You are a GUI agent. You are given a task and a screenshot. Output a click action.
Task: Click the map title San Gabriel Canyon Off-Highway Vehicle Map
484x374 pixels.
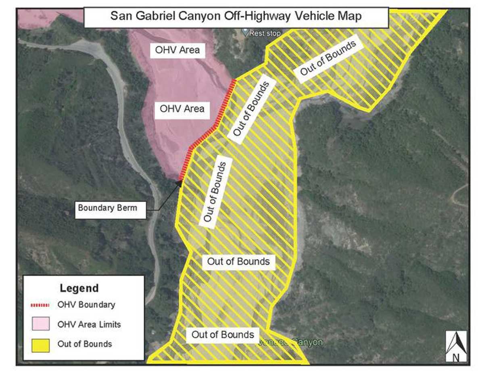[x=236, y=17]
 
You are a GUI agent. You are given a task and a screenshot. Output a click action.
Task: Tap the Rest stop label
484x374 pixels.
[x=265, y=33]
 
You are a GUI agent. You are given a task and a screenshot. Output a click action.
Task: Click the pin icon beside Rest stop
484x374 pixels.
[x=245, y=31]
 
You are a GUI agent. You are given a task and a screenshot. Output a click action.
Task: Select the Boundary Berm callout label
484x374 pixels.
[x=107, y=208]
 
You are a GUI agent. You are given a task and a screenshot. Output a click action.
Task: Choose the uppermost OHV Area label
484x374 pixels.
[x=175, y=51]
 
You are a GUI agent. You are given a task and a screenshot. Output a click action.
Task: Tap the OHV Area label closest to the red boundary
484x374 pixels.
[x=182, y=109]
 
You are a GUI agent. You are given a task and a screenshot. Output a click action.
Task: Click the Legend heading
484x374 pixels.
[x=79, y=288]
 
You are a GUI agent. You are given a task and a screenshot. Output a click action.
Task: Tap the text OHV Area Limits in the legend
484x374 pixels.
[x=89, y=324]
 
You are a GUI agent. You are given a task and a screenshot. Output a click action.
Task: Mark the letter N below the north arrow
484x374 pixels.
[x=456, y=357]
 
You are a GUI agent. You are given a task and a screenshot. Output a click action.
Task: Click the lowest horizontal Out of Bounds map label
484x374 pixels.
[x=223, y=334]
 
